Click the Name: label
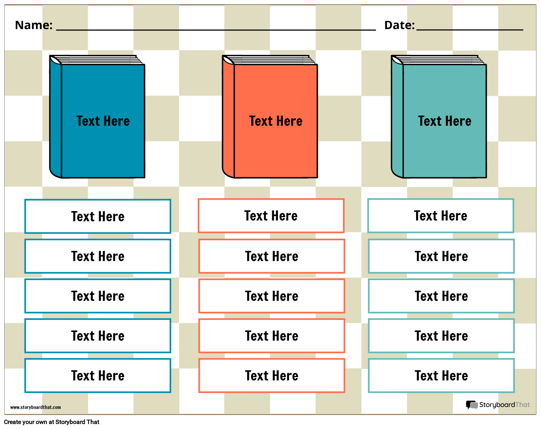(34, 25)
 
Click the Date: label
(399, 25)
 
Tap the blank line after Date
(470, 29)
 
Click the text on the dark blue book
(103, 121)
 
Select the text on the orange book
(276, 121)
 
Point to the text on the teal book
(445, 121)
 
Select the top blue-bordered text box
(98, 216)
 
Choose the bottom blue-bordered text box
(98, 376)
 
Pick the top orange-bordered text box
(271, 216)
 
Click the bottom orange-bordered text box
(272, 376)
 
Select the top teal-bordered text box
(441, 216)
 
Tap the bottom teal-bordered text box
(441, 376)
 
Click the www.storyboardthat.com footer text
(35, 407)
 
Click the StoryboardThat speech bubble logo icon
(472, 405)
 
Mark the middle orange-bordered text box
(272, 296)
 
